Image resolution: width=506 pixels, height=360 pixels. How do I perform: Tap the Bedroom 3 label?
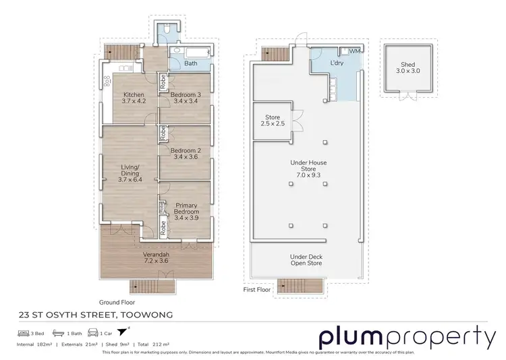pyautogui.click(x=185, y=98)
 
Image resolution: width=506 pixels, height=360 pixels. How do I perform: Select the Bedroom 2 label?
pyautogui.click(x=185, y=154)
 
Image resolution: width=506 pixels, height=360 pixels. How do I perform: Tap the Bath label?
pyautogui.click(x=191, y=65)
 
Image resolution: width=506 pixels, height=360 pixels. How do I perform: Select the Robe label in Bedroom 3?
pyautogui.click(x=163, y=82)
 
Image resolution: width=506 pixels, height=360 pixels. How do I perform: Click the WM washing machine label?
pyautogui.click(x=354, y=51)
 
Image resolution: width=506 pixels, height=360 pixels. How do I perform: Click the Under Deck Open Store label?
pyautogui.click(x=306, y=260)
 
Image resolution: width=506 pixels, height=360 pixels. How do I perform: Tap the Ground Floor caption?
pyautogui.click(x=115, y=303)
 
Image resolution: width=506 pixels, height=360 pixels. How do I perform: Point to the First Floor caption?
pyautogui.click(x=257, y=289)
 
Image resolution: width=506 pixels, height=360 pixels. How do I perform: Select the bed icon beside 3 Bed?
pyautogui.click(x=23, y=333)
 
